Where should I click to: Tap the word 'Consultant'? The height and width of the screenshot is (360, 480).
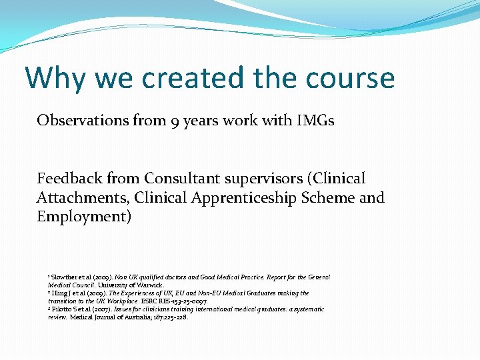[x=175, y=179]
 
